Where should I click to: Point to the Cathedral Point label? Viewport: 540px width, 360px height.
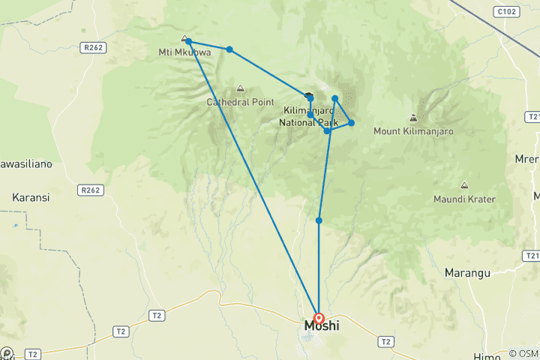pos(241,101)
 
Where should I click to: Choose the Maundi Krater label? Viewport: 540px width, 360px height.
pos(464,199)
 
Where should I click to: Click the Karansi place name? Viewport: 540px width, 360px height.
pos(31,197)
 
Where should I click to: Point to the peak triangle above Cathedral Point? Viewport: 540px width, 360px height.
pos(240,88)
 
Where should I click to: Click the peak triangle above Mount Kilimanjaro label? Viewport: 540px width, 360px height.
pos(412,118)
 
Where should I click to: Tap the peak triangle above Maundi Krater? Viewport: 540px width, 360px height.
pos(464,185)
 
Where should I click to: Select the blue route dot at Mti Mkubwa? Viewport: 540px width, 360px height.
pos(188,42)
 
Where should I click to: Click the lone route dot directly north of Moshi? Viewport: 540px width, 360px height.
pos(319,220)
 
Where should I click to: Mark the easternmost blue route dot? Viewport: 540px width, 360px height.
pos(351,123)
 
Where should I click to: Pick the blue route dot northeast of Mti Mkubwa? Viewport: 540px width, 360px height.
pos(229,49)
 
